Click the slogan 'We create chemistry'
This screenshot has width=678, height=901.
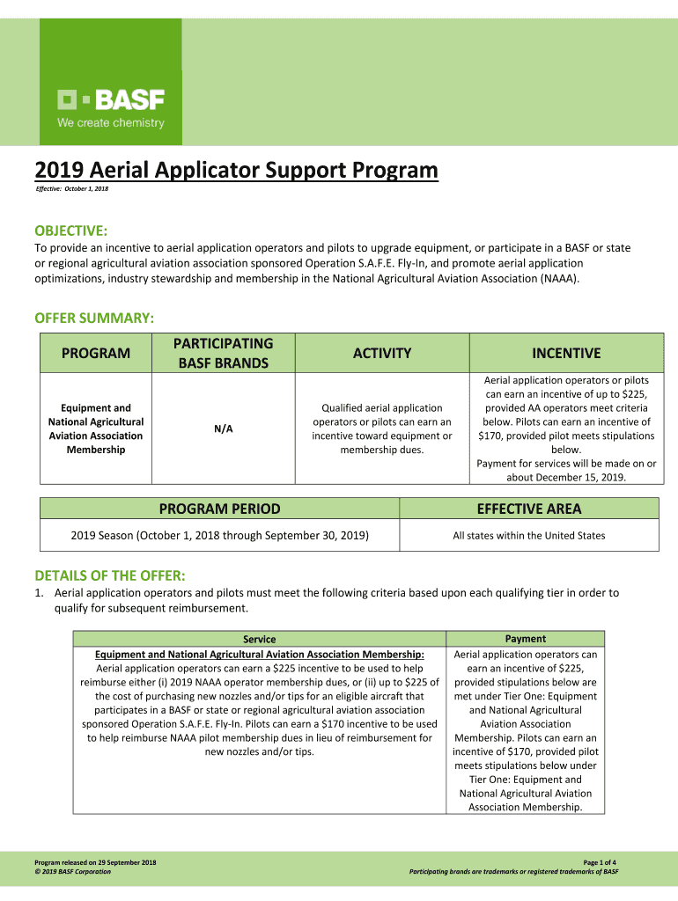point(111,123)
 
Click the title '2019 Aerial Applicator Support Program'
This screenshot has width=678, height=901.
point(236,170)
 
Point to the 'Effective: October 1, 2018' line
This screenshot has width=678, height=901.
point(71,190)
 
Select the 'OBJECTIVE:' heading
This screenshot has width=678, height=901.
point(70,231)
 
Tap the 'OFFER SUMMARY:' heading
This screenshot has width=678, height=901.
point(94,317)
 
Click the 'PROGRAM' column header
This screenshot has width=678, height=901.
point(96,354)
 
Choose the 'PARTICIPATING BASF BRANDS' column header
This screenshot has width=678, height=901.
point(223,353)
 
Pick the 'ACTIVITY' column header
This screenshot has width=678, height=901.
point(382,354)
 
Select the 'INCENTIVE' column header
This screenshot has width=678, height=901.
point(566,354)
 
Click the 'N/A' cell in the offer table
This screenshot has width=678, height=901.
point(223,429)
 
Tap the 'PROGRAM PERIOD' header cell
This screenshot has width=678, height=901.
point(220,509)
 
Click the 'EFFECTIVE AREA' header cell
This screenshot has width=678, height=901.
point(529,509)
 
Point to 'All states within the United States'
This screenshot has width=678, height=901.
point(529,535)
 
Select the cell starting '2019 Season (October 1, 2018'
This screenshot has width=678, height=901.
point(220,535)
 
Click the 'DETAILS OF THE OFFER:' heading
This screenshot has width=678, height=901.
point(109,575)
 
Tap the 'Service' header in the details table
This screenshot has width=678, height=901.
point(260,640)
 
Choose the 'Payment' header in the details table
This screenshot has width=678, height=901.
point(526,639)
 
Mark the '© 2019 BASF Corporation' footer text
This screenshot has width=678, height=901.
point(73,872)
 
